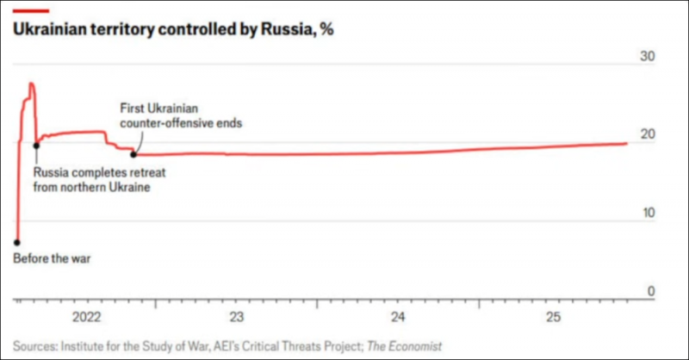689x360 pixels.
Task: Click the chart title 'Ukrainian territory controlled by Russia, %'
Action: point(172,29)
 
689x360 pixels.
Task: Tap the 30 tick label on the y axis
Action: point(647,56)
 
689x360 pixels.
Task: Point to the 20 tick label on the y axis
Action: point(647,134)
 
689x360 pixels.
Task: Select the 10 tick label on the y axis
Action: point(647,213)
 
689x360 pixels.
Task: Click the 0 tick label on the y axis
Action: point(650,291)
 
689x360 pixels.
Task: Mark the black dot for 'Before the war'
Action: point(17,243)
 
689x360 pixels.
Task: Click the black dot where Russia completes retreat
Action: point(35,146)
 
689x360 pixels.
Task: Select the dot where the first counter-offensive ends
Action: point(133,154)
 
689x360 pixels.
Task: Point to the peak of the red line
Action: point(31,84)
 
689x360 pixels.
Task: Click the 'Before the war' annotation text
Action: point(52,258)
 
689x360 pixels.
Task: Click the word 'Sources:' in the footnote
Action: point(34,345)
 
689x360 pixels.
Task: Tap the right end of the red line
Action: point(626,143)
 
